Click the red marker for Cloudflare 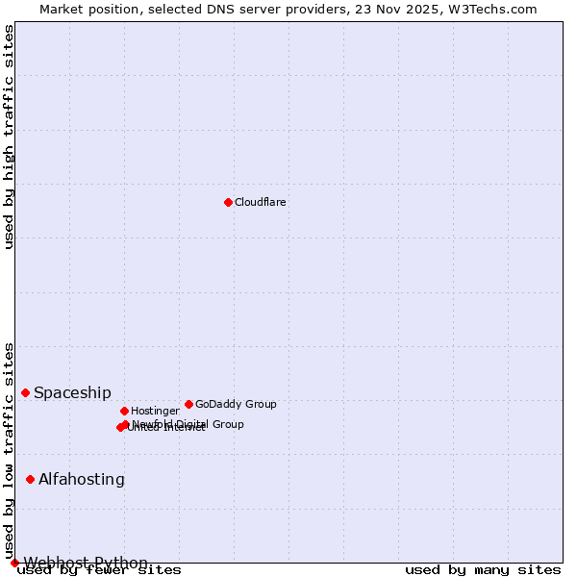click(228, 202)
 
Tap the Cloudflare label click(260, 202)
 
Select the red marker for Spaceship click(26, 392)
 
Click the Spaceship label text click(72, 392)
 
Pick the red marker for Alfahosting click(31, 479)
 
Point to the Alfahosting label click(82, 479)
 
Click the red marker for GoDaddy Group click(188, 404)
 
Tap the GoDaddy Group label click(236, 404)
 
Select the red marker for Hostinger click(124, 411)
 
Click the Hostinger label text click(155, 411)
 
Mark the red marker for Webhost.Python click(14, 563)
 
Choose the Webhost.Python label click(86, 563)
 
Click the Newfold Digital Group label click(188, 424)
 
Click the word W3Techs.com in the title click(496, 9)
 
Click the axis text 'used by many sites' click(483, 570)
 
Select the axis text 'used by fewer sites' click(99, 570)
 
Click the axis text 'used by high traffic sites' click(9, 137)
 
